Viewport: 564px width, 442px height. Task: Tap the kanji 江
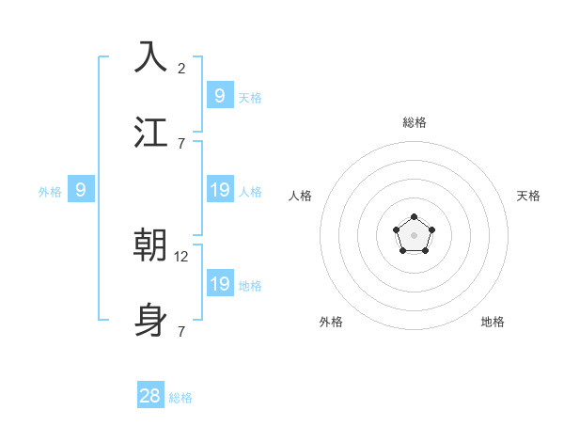click(151, 132)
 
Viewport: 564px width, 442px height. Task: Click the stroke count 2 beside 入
click(180, 68)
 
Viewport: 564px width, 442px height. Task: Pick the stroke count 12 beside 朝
click(182, 256)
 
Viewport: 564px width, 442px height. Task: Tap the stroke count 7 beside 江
click(180, 143)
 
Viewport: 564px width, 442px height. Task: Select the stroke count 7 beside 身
click(180, 331)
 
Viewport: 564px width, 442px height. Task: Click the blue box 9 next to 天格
click(219, 95)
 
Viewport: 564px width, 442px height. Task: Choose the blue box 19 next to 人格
click(219, 190)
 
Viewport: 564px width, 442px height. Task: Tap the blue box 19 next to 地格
click(219, 284)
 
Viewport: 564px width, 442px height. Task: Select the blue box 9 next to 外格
click(81, 190)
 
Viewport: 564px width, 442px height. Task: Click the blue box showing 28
click(150, 396)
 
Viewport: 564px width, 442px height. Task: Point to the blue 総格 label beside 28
click(180, 398)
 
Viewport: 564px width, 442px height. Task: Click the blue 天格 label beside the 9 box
click(250, 98)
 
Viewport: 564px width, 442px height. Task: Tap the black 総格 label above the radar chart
click(414, 122)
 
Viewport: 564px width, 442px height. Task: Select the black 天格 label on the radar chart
click(528, 196)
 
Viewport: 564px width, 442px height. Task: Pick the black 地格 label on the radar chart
click(493, 322)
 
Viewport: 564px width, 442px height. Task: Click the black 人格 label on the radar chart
click(301, 196)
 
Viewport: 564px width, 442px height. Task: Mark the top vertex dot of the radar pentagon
click(414, 217)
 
